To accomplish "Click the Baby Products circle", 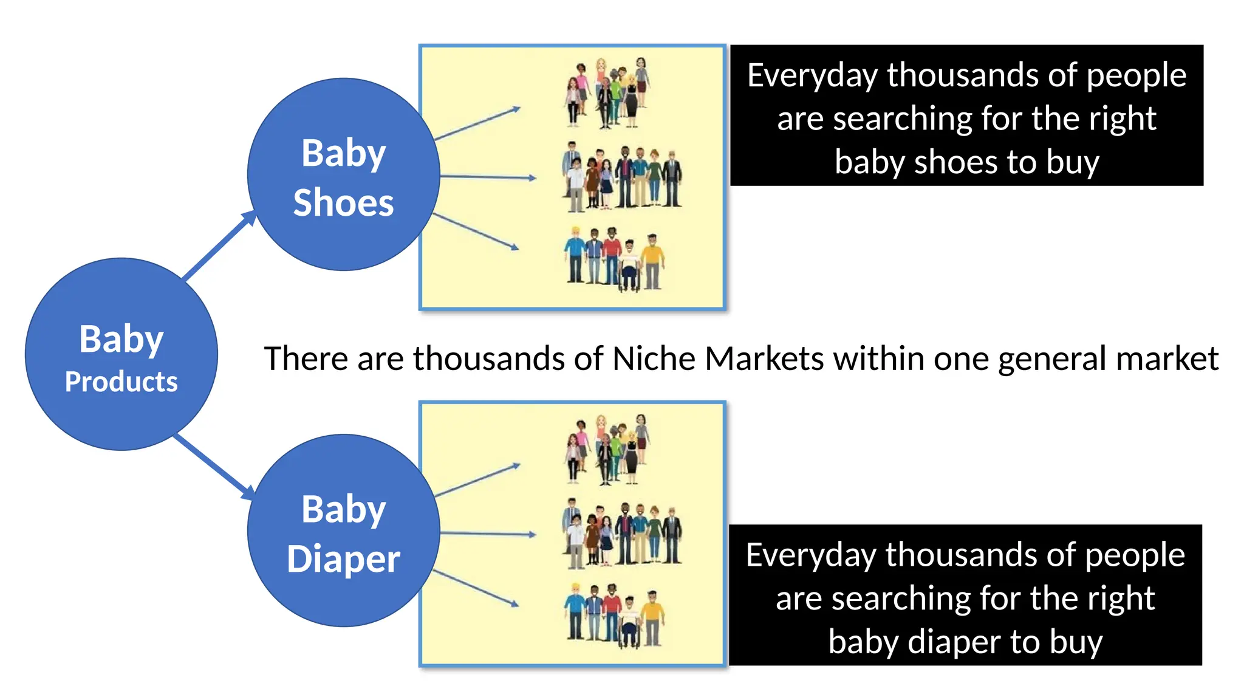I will click(121, 354).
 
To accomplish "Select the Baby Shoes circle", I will click(343, 174).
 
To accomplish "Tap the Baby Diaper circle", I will click(343, 530).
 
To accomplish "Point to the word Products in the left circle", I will click(121, 382).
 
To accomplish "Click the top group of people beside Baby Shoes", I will click(608, 93).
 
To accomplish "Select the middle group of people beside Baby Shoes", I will click(623, 177).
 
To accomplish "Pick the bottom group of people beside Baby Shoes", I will click(614, 258).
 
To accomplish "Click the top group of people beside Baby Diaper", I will click(608, 450).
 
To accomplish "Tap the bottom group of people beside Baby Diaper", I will click(614, 615).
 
